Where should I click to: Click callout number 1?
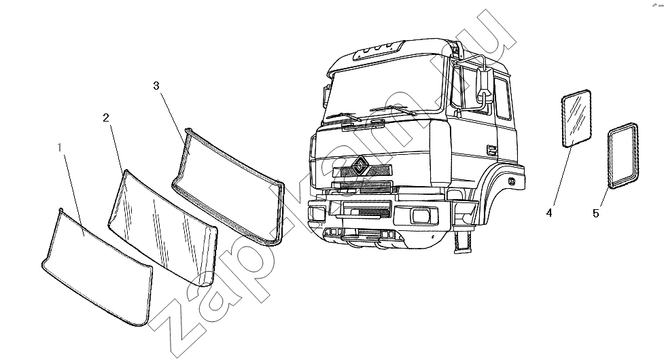tap(60, 147)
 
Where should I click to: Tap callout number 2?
tap(106, 118)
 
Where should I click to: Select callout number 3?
tap(156, 86)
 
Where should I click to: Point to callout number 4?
tap(549, 213)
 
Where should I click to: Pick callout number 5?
tap(596, 214)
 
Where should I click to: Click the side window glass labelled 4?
tap(576, 118)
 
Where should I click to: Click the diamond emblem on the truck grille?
tap(360, 165)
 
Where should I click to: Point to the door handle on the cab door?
tap(492, 149)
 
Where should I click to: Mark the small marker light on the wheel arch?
tap(512, 181)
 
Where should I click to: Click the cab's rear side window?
tap(502, 99)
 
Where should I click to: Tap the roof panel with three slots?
tap(378, 50)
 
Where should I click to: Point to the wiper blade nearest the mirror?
tap(393, 110)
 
